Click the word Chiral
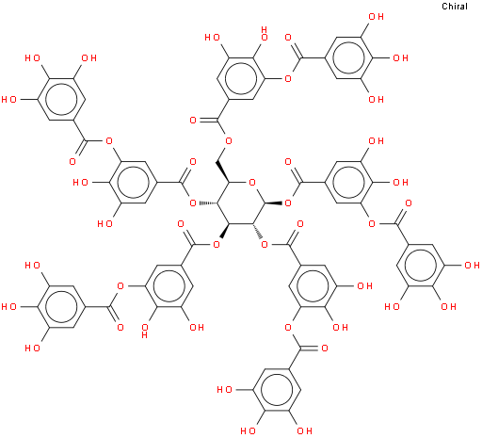click(455, 7)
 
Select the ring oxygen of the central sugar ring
click(252, 183)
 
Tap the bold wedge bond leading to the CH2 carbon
click(223, 172)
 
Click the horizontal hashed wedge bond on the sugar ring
click(207, 203)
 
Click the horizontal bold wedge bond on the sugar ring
click(275, 203)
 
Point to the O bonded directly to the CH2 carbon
click(229, 141)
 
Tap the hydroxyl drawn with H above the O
click(265, 34)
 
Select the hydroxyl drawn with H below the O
click(145, 331)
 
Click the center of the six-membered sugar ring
click(241, 203)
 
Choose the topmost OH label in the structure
click(376, 17)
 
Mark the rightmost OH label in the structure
click(472, 266)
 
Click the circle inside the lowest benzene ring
click(277, 390)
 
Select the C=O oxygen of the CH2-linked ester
click(193, 121)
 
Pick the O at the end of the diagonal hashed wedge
click(265, 244)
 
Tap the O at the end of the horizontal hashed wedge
click(193, 203)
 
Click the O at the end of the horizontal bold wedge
click(288, 203)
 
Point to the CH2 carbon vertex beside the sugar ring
click(217, 162)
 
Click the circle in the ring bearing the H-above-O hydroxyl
click(241, 79)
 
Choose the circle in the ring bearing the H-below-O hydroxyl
click(169, 286)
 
